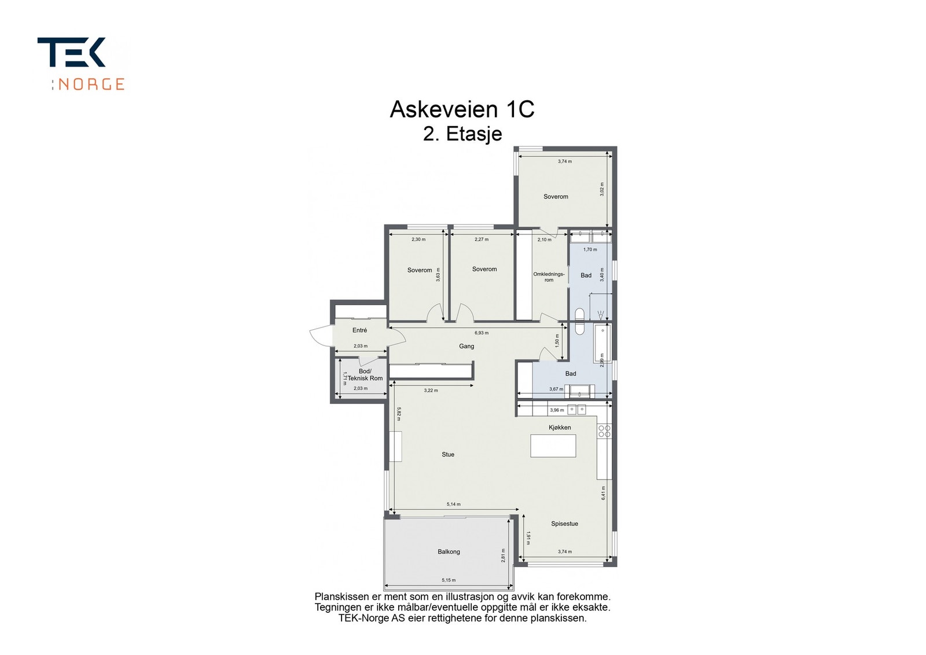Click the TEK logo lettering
point(72,52)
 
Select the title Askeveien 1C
point(462,109)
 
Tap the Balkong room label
point(449,551)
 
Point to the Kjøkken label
point(560,428)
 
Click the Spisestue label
point(564,524)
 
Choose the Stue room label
point(448,455)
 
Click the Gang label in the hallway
point(466,346)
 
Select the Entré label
point(359,330)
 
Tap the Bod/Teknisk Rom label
point(365,375)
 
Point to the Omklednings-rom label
point(549,277)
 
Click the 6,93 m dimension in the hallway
point(482,333)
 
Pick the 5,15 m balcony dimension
point(449,580)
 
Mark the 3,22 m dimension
point(431,391)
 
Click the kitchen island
point(553,446)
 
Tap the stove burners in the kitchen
point(604,431)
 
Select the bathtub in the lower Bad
point(602,345)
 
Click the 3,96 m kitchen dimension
point(556,410)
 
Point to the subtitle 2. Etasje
point(462,134)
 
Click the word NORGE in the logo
point(91,84)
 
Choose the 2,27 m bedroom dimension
point(482,240)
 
